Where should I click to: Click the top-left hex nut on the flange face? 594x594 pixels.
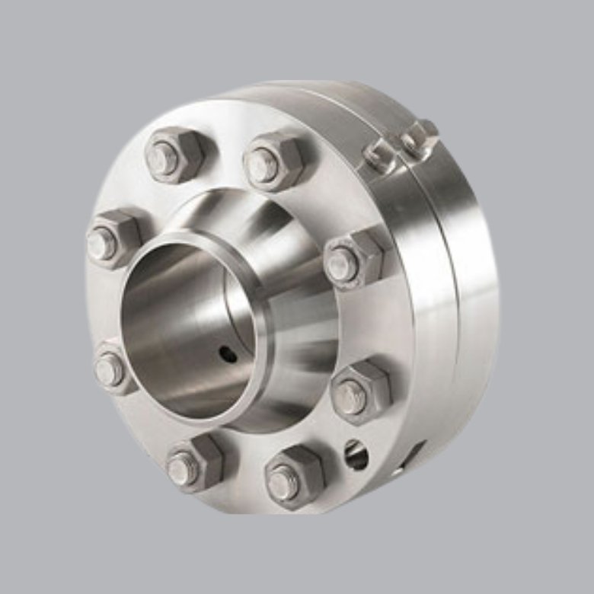174,155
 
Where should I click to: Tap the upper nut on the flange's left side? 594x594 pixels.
113,238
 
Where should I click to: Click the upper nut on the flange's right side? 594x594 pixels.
353,259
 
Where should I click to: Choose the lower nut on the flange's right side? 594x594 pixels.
359,393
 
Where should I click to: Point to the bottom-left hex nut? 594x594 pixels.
193,463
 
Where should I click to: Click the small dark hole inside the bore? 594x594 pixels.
226,352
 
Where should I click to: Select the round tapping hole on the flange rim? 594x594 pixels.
356,455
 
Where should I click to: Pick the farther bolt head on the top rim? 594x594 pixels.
420,137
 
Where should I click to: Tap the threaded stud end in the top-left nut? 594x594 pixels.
163,158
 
